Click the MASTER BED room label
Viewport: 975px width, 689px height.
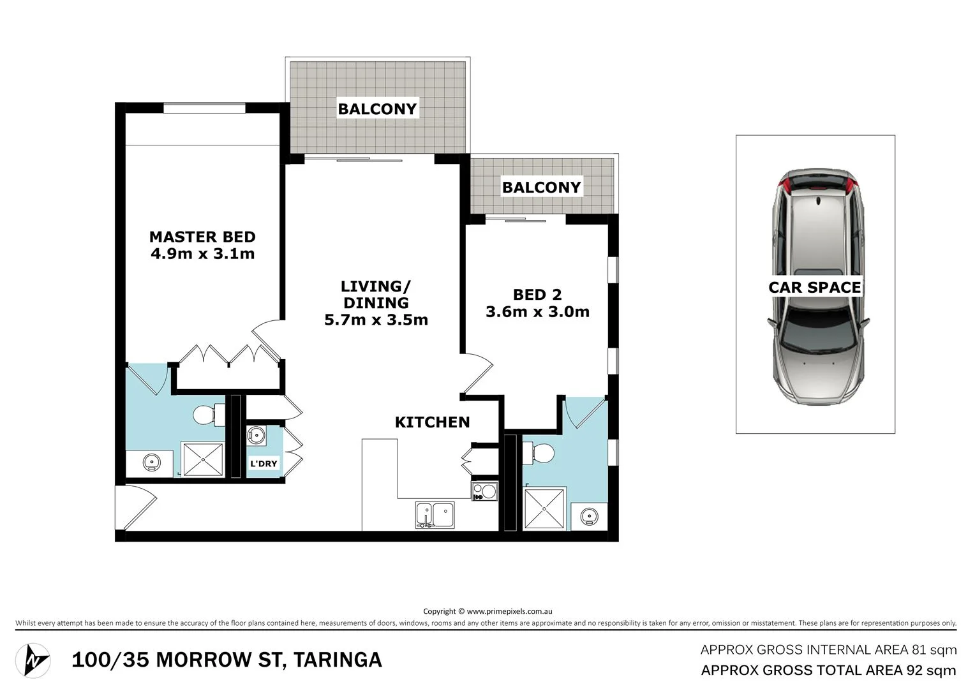(202, 237)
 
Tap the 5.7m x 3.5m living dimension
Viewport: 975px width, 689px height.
(376, 320)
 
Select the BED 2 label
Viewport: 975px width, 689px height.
(537, 295)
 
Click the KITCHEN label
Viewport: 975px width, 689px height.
(432, 422)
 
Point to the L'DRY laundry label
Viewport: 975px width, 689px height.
(264, 464)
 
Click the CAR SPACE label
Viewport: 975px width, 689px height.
(815, 288)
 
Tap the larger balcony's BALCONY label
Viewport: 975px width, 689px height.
(377, 109)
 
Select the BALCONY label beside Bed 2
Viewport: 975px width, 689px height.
(541, 188)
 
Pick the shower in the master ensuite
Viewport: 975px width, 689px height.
(203, 459)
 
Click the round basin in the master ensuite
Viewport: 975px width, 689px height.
(151, 463)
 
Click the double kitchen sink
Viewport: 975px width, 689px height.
(435, 515)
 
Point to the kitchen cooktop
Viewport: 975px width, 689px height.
(484, 491)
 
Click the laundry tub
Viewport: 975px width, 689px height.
(257, 434)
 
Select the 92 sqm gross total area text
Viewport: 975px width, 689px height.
(931, 670)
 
